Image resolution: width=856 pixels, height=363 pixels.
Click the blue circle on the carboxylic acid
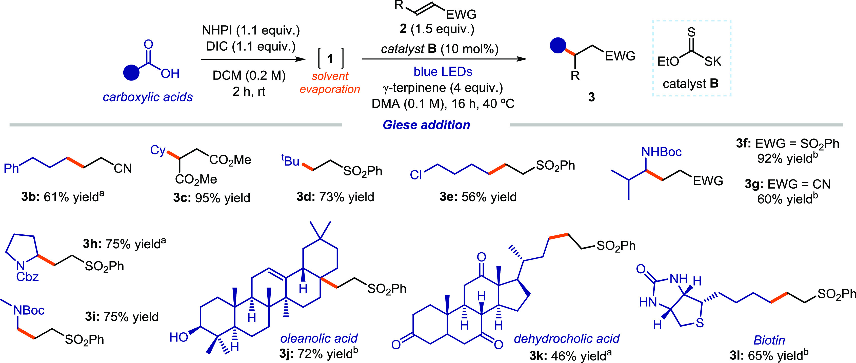131,72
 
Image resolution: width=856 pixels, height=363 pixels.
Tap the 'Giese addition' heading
426,125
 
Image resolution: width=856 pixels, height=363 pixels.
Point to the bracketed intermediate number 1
330,59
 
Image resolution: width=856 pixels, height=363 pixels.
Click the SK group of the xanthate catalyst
713,62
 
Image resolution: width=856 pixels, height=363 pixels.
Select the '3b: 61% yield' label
63,197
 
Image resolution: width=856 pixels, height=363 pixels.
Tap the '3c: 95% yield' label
211,198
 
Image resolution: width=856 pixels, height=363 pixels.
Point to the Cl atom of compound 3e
416,175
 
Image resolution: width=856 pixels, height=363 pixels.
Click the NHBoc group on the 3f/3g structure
661,152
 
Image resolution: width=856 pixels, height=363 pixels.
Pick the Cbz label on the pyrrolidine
28,277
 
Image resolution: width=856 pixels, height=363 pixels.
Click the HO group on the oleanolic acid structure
179,337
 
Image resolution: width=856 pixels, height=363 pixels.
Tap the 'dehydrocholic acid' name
567,339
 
